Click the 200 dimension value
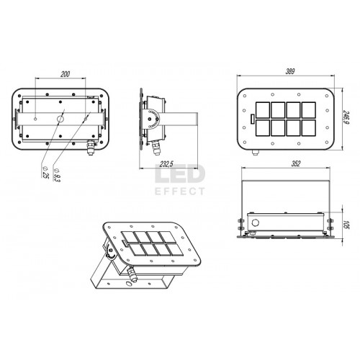65,74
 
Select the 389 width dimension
290,71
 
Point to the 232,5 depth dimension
166,164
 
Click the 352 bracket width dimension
296,163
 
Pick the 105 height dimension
346,224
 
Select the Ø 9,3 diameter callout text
57,175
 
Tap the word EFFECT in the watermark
180,192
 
